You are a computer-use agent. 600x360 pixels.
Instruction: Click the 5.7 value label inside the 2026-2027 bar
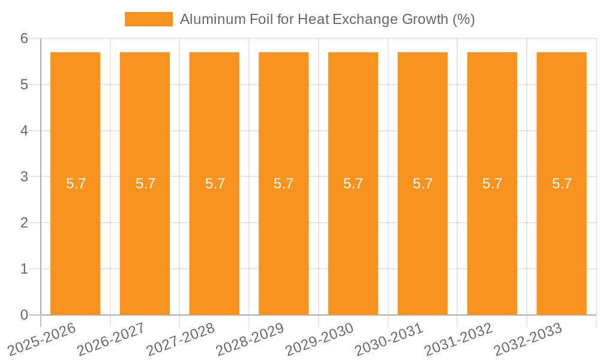point(145,184)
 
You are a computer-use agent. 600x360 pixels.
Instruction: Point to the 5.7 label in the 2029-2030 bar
point(353,184)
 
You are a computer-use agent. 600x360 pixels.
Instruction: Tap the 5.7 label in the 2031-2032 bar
point(492,184)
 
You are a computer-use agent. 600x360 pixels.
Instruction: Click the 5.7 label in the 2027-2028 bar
point(215,184)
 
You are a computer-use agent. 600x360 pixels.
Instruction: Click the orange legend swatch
point(148,19)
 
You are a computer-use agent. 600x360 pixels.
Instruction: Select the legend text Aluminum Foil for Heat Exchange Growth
point(327,19)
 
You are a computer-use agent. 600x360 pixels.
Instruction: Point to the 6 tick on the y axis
point(24,38)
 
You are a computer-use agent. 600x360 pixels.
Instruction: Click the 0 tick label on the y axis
point(24,315)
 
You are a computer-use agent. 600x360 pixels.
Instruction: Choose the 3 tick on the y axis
point(24,177)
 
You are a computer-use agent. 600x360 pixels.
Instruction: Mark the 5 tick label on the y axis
point(24,85)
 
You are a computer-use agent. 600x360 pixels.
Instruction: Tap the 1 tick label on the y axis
point(24,269)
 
